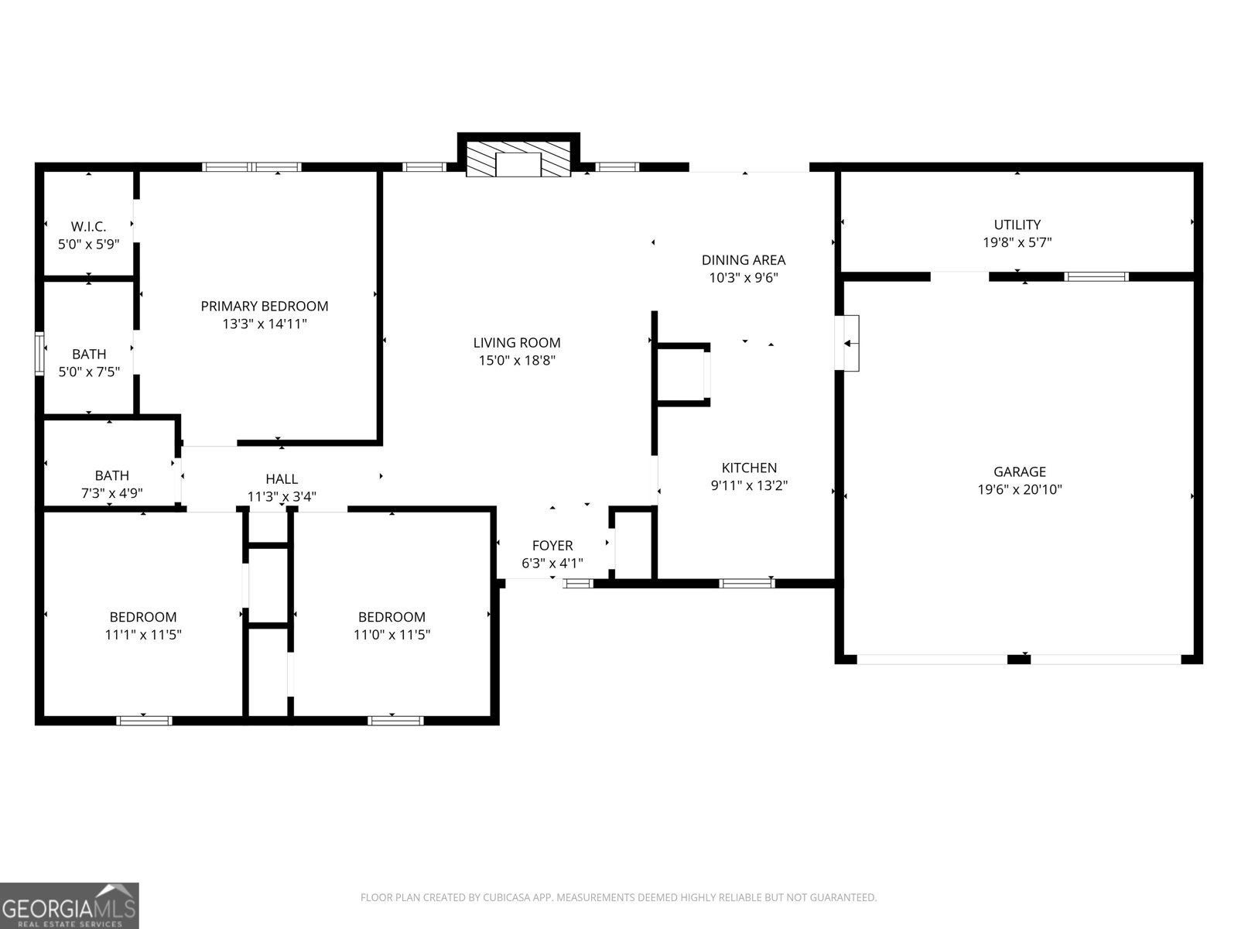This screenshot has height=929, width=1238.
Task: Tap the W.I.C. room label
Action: (x=88, y=226)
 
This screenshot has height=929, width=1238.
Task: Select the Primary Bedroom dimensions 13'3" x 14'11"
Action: (x=265, y=324)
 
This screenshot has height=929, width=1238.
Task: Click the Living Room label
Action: (x=517, y=342)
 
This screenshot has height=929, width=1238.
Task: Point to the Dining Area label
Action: (x=743, y=260)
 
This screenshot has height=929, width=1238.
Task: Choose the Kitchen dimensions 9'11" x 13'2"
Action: (x=749, y=486)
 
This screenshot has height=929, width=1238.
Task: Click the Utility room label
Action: (x=1017, y=225)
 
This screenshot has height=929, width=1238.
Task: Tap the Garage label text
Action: (x=1019, y=471)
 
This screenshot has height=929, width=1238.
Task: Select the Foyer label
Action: (x=552, y=546)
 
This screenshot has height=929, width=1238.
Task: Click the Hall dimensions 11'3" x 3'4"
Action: (x=282, y=497)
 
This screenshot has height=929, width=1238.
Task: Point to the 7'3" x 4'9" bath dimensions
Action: (x=112, y=493)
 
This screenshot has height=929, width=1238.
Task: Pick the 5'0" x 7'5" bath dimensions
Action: (x=89, y=372)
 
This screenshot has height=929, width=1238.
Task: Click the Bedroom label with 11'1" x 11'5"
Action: (x=143, y=617)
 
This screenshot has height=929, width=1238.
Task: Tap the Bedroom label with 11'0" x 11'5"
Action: (x=392, y=617)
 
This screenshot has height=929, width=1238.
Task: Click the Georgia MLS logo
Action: (x=70, y=905)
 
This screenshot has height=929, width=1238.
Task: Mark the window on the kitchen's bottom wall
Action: (x=747, y=583)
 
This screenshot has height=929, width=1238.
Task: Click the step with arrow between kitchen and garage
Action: (x=850, y=343)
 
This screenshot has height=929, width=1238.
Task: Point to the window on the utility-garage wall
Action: (x=1096, y=276)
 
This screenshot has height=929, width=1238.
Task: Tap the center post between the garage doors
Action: (x=1019, y=659)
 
